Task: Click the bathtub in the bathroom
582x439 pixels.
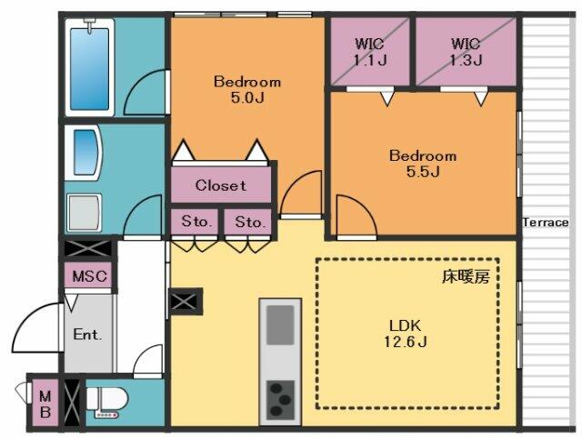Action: click(89, 68)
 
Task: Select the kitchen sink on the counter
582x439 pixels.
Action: click(280, 324)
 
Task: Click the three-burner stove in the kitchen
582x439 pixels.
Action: click(280, 399)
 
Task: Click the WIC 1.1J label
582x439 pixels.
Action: click(370, 52)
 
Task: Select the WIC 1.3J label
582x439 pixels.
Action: click(466, 52)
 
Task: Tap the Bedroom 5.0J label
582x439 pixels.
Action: click(247, 89)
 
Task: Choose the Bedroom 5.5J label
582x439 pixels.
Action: click(423, 164)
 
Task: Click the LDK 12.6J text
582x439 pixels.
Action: click(405, 334)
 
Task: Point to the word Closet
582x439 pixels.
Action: click(220, 185)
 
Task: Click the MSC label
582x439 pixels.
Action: click(89, 276)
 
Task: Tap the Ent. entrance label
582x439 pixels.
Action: click(87, 334)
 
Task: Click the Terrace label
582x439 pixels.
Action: click(546, 223)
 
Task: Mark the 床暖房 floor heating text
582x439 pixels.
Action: click(466, 276)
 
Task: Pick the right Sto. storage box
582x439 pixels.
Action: click(248, 222)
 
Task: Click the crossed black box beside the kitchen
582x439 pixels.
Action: click(186, 302)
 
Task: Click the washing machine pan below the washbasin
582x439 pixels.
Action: click(85, 213)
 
